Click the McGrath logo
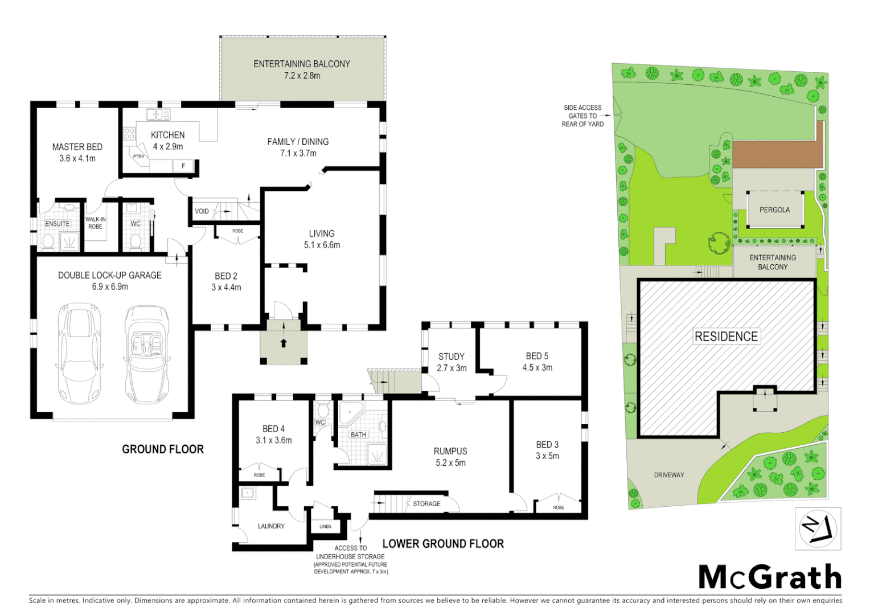pos(770,577)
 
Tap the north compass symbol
pos(818,529)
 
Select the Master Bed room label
pos(77,147)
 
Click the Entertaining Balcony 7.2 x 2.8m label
pos(302,69)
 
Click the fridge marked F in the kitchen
pos(183,166)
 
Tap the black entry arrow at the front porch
pos(284,343)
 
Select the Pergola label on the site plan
pos(774,210)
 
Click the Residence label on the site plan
pos(726,337)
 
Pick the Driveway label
pos(669,475)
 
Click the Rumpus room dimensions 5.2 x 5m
pos(450,463)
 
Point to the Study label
pos(452,356)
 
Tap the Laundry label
pos(271,526)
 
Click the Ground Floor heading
pos(163,449)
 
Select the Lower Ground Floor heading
pos(443,544)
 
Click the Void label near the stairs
pos(202,211)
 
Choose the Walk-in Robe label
pos(95,223)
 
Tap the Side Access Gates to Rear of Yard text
pos(582,116)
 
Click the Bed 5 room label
pos(537,356)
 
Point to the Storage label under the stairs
pos(426,504)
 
